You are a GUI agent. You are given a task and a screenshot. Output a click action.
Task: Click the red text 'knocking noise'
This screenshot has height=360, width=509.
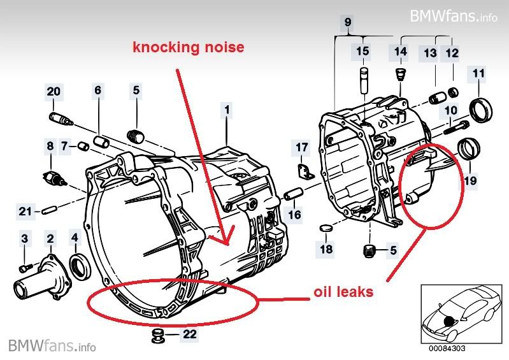pos(188,47)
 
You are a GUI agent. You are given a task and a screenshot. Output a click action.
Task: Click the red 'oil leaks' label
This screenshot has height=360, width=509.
pos(343,293)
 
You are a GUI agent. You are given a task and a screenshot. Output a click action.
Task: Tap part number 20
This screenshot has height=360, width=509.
pos(54,92)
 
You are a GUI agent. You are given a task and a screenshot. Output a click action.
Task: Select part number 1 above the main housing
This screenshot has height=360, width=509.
pos(226,110)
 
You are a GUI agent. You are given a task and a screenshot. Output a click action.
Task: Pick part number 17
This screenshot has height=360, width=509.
pos(301,148)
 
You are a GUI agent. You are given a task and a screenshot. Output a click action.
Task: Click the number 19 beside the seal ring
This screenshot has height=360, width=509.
pos(470,181)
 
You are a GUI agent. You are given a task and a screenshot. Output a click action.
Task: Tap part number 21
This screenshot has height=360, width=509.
pos(24,211)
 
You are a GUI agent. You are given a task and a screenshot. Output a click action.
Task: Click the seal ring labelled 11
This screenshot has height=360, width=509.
pos(480,109)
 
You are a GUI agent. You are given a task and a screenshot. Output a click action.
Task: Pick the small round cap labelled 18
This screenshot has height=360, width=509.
pos(326,229)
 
